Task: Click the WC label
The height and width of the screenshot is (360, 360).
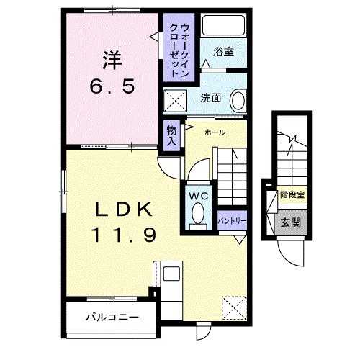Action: [199, 195]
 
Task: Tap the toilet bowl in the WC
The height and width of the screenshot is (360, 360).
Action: [199, 214]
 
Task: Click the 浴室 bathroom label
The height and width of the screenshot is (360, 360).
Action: [223, 51]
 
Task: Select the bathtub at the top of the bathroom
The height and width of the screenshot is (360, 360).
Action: [223, 25]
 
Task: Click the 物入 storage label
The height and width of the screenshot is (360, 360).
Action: [172, 135]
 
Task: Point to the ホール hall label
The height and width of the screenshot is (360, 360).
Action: [214, 132]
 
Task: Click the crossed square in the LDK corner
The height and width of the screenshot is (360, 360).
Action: [234, 308]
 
